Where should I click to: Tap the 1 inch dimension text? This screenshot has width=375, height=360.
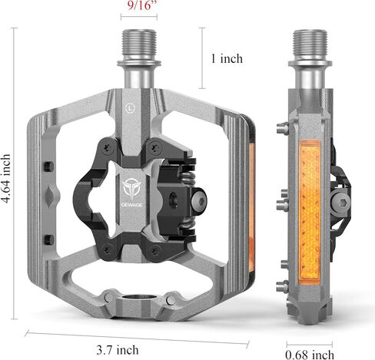click(227, 58)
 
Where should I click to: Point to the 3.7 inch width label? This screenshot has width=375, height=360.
click(118, 350)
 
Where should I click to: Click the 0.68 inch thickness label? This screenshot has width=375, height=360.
click(310, 355)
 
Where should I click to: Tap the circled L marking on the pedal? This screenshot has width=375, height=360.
click(130, 108)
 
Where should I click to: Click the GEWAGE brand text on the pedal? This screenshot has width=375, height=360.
click(132, 205)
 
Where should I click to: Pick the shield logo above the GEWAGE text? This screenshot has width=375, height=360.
click(132, 189)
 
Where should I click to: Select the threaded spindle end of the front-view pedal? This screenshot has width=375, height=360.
click(139, 45)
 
